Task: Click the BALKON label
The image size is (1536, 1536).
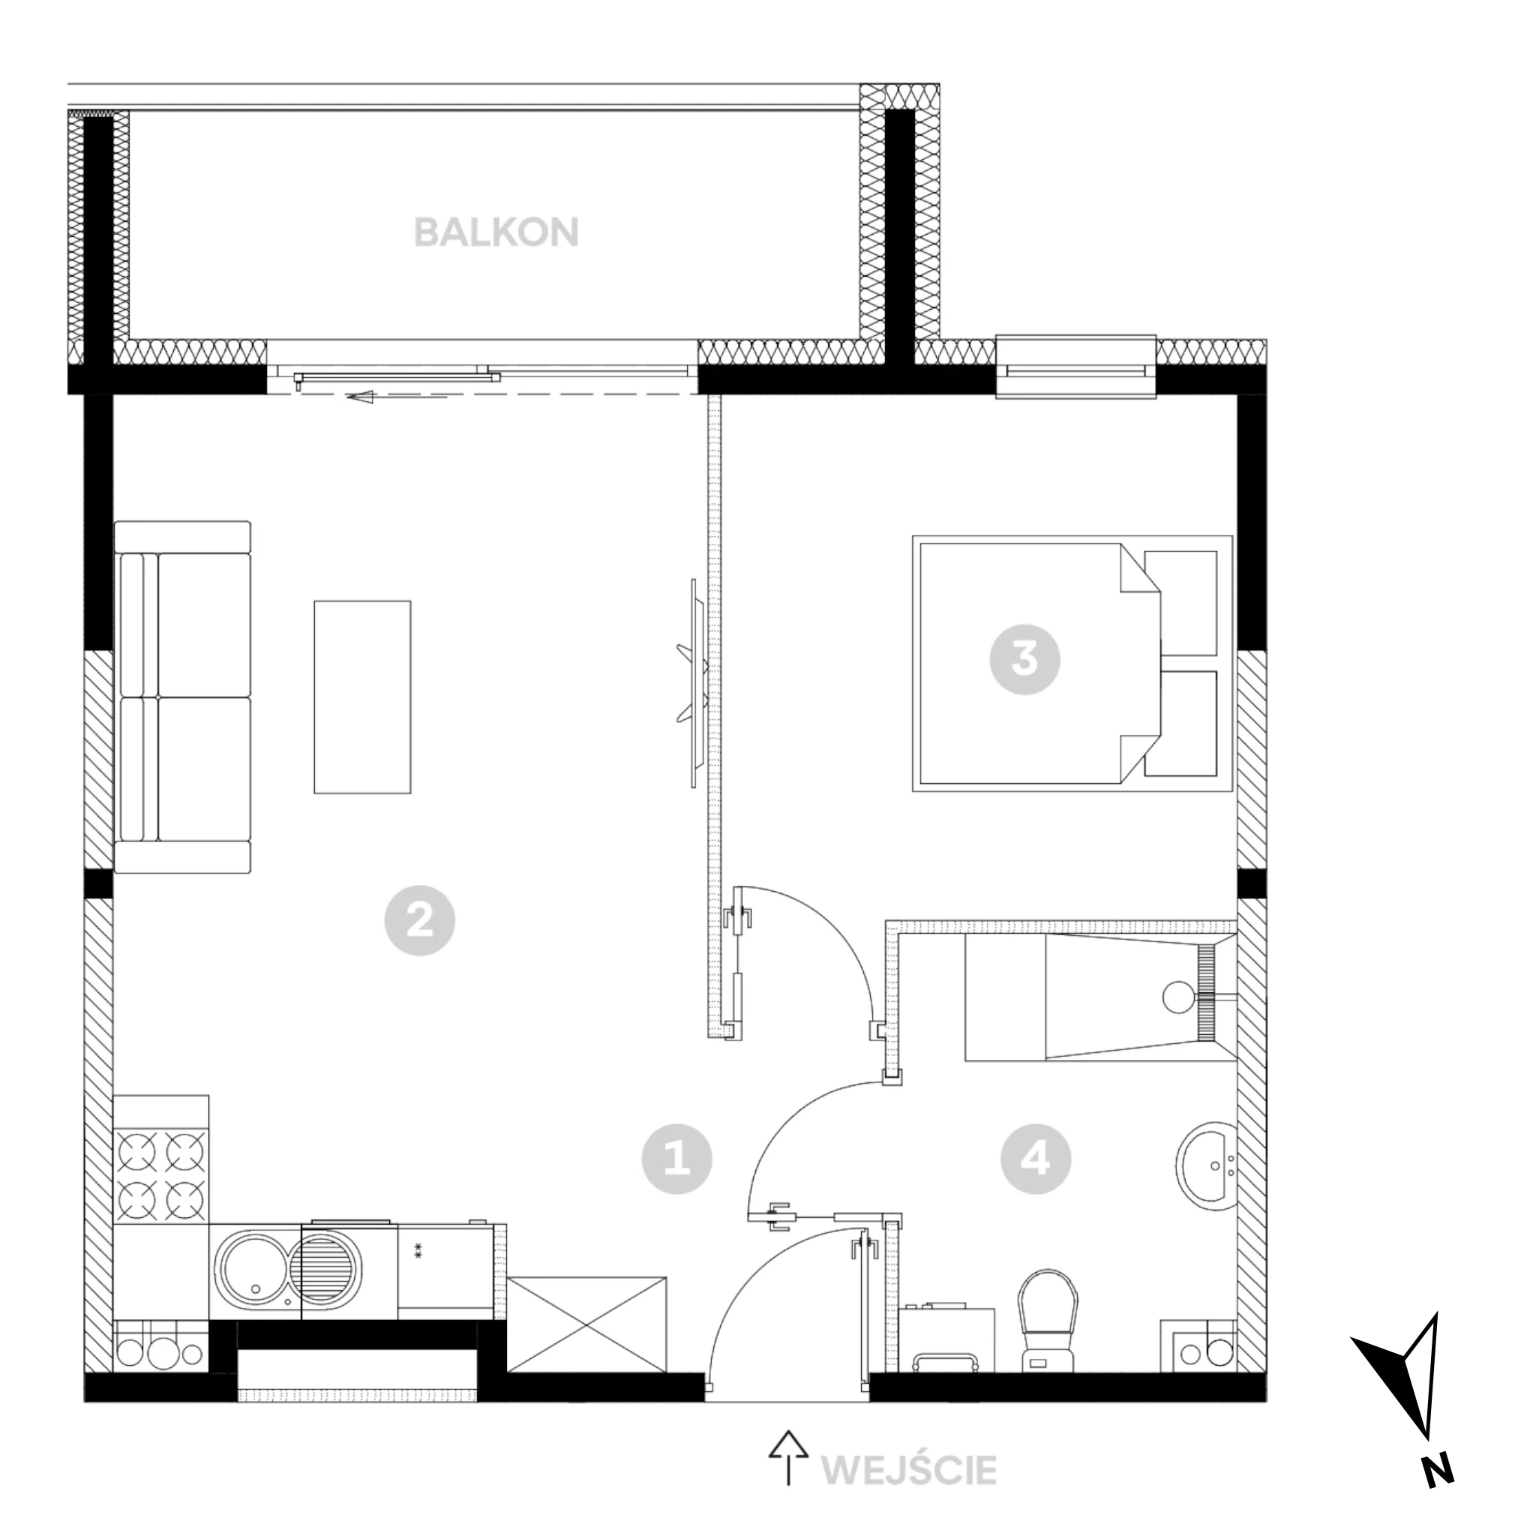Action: tap(496, 232)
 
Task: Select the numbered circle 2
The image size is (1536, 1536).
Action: tap(420, 921)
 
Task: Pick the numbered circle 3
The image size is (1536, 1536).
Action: tap(1024, 659)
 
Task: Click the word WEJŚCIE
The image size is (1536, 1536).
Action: tap(909, 1471)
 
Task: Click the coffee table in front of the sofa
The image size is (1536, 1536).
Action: tap(362, 697)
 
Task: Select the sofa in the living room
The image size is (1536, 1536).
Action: tap(183, 697)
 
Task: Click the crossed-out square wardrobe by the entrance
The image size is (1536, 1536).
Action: tap(586, 1324)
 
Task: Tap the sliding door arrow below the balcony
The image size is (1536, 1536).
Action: tap(397, 397)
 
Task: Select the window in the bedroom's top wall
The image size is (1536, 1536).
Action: tap(1075, 367)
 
